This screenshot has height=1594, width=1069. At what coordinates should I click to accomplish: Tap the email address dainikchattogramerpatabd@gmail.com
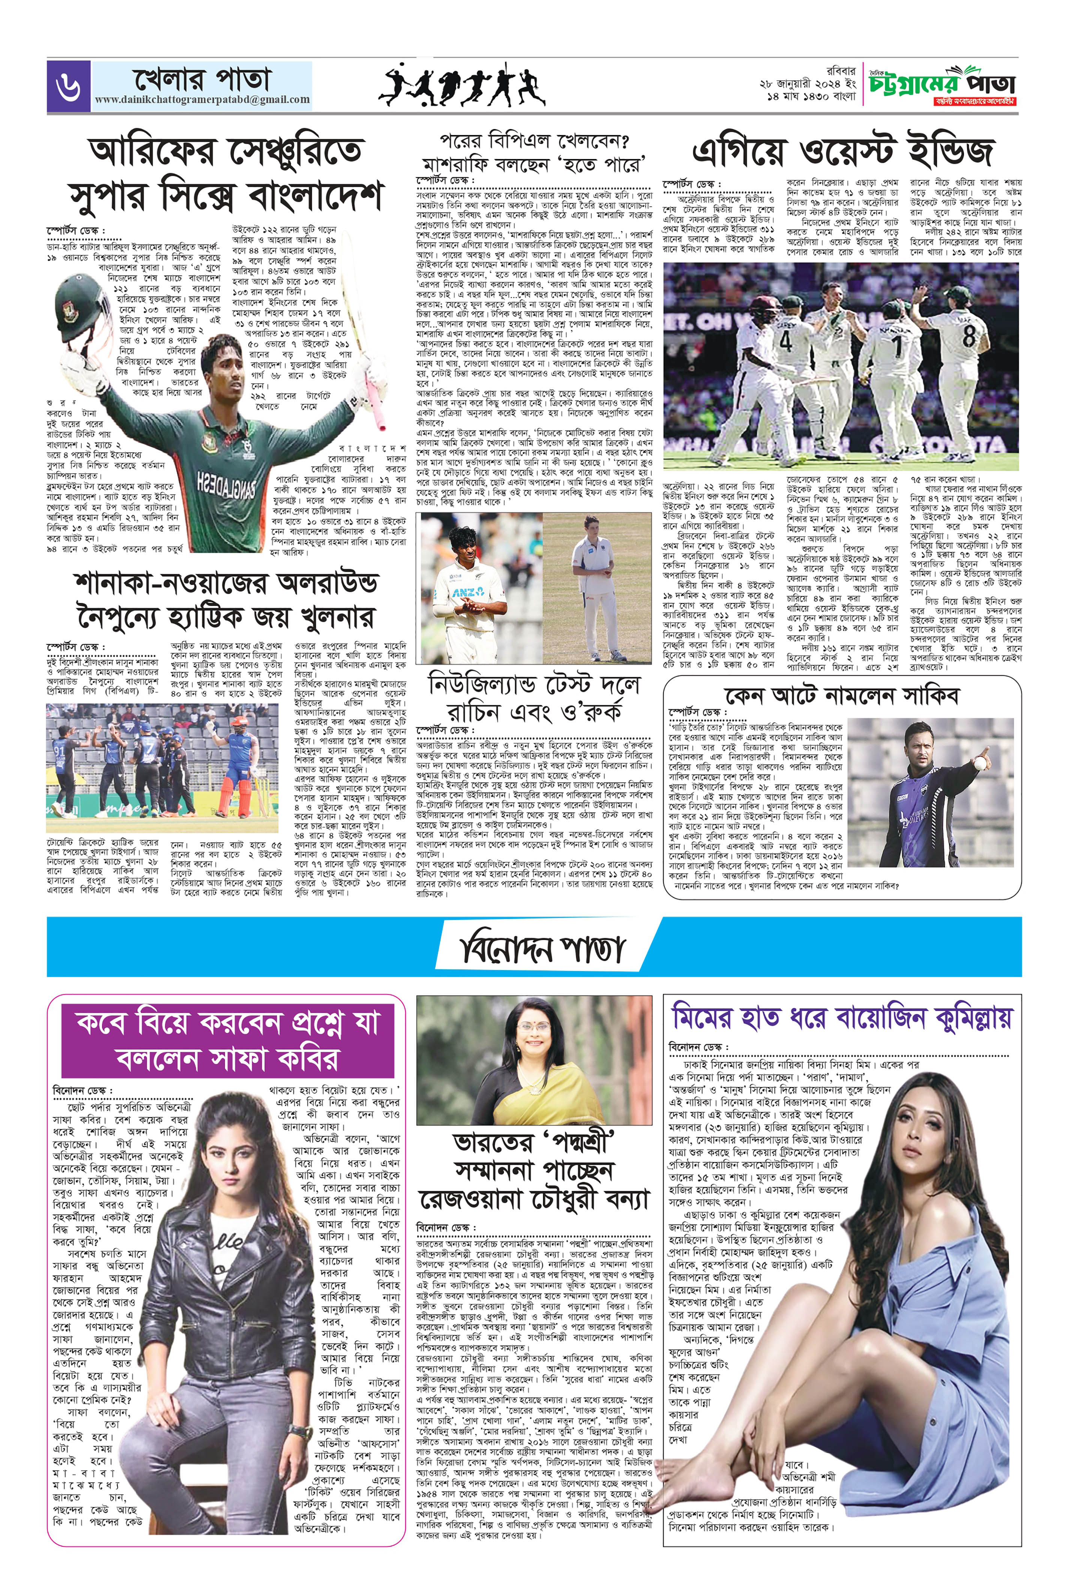[x=202, y=99]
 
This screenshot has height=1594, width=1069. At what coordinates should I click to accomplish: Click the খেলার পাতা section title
[x=202, y=79]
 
